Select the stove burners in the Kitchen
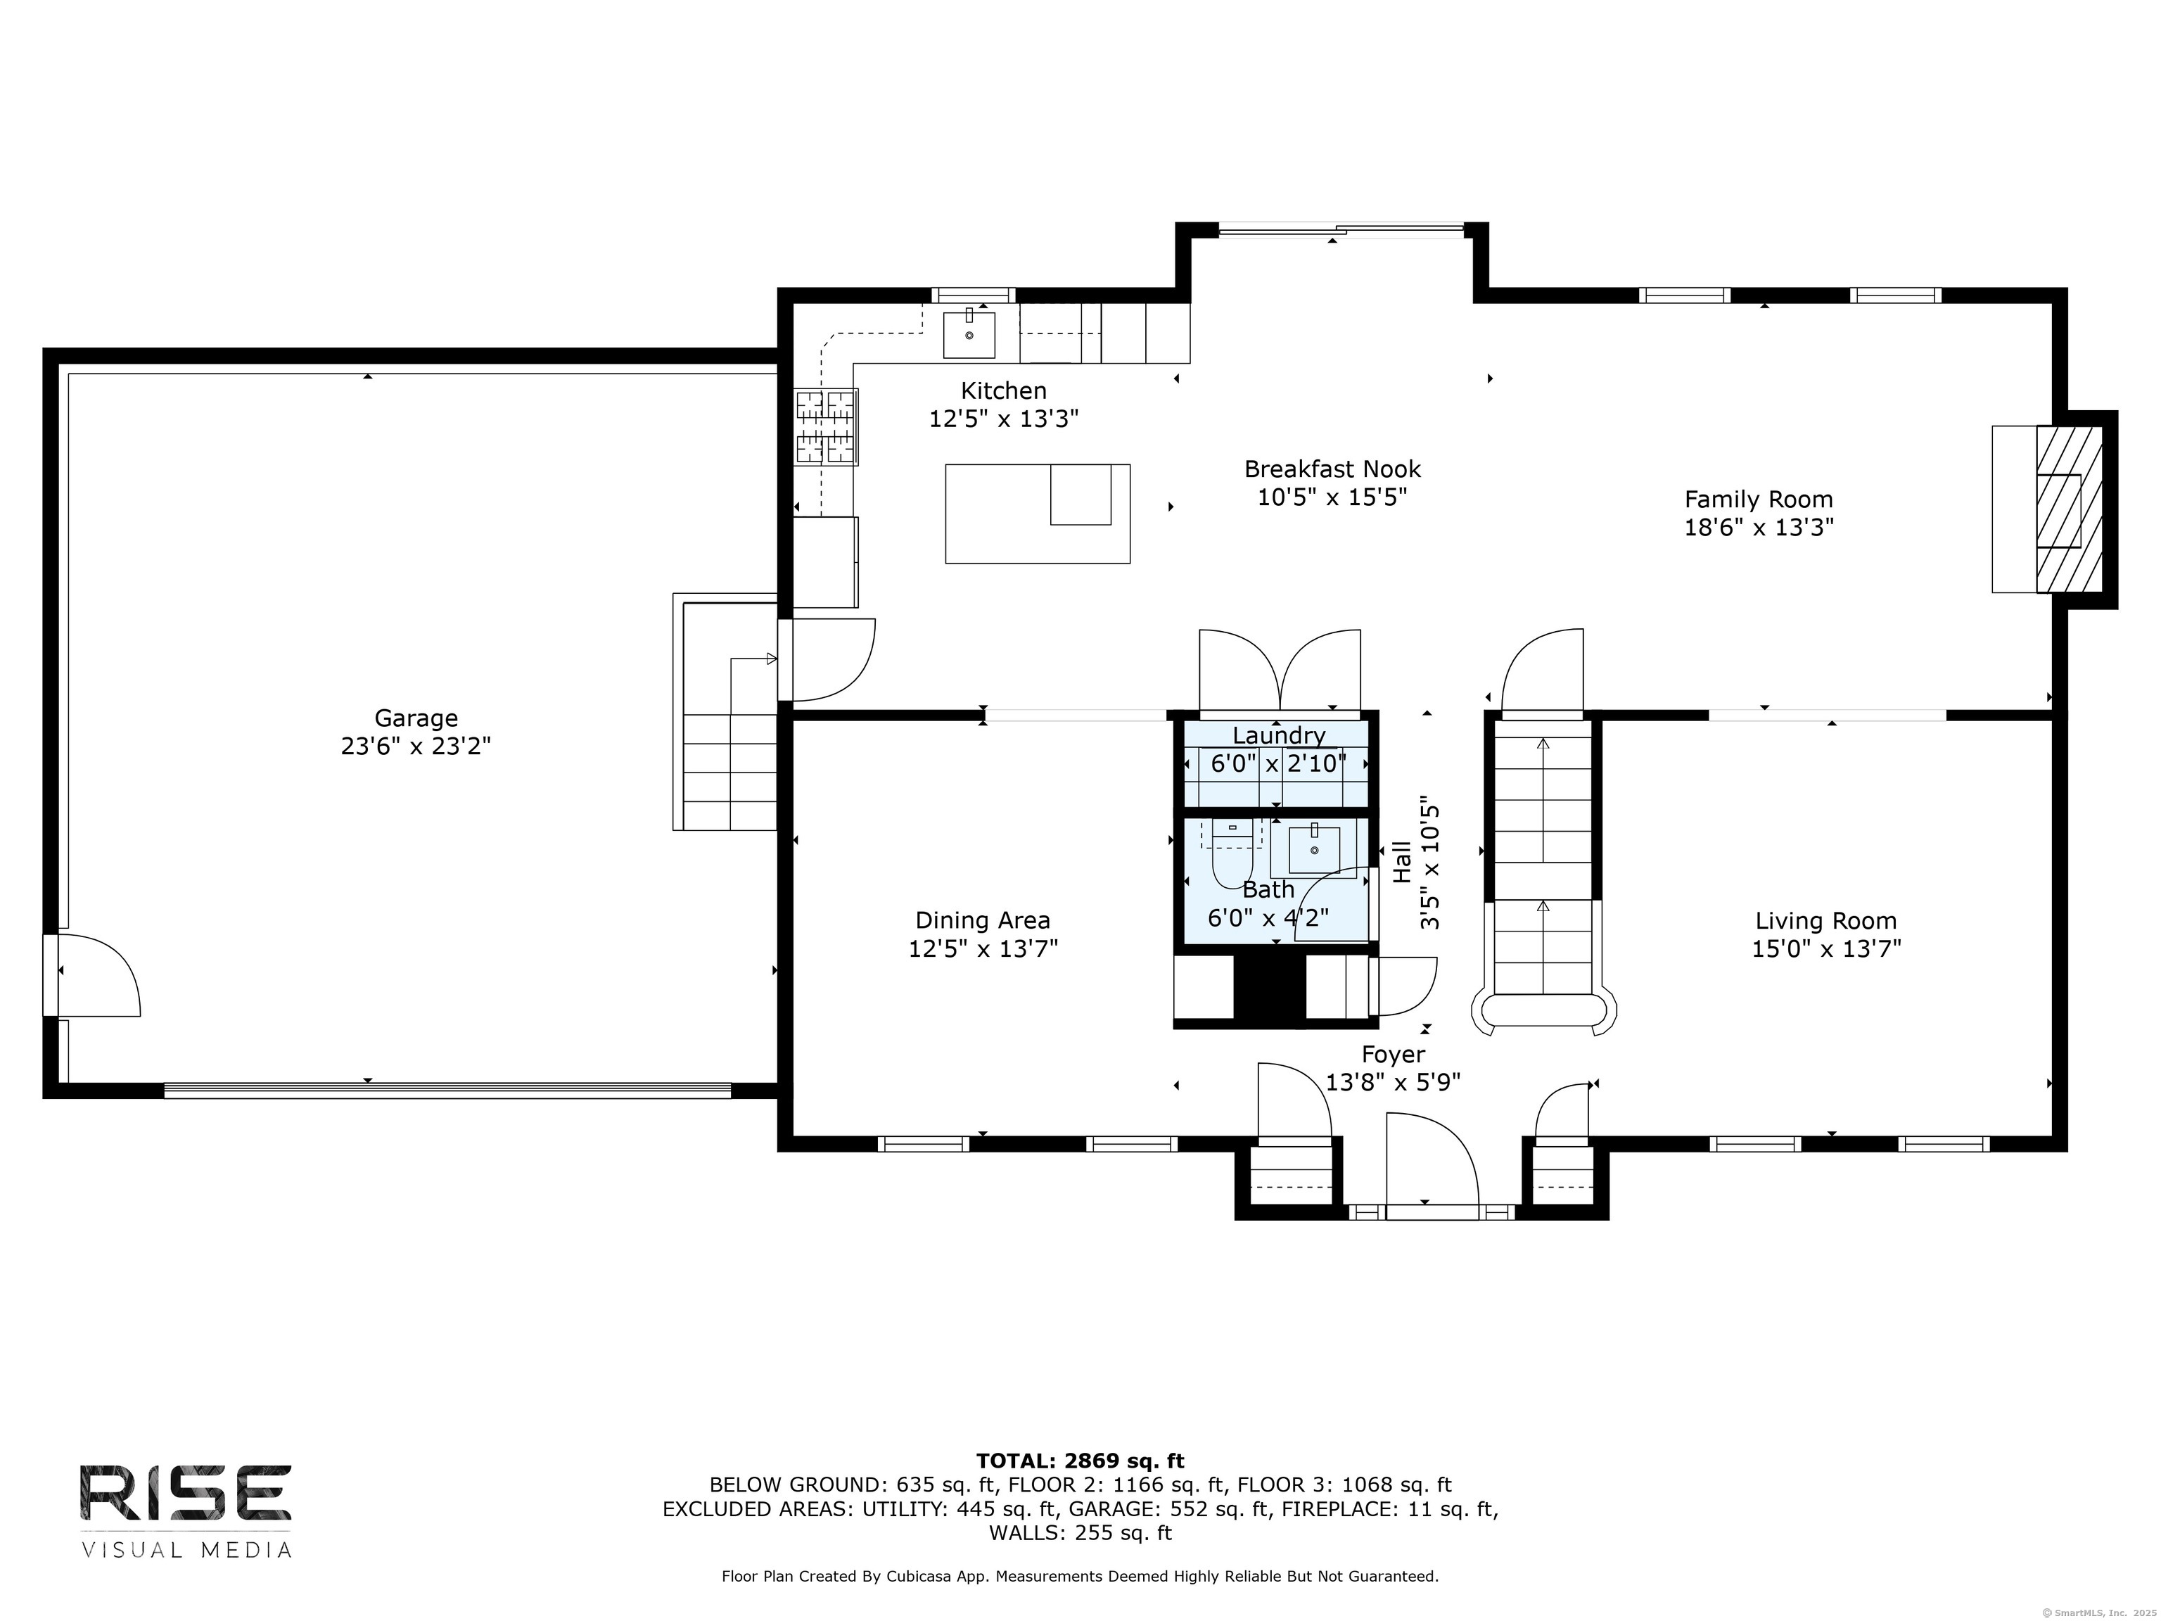point(826,427)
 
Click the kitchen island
point(1038,514)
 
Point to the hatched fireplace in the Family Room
point(2069,508)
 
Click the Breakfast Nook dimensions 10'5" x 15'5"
point(1332,497)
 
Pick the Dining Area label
point(983,920)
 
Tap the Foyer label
point(1393,1055)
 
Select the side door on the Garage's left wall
point(93,975)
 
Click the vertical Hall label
point(1402,863)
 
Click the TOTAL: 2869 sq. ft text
point(1080,1461)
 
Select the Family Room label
point(1759,500)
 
